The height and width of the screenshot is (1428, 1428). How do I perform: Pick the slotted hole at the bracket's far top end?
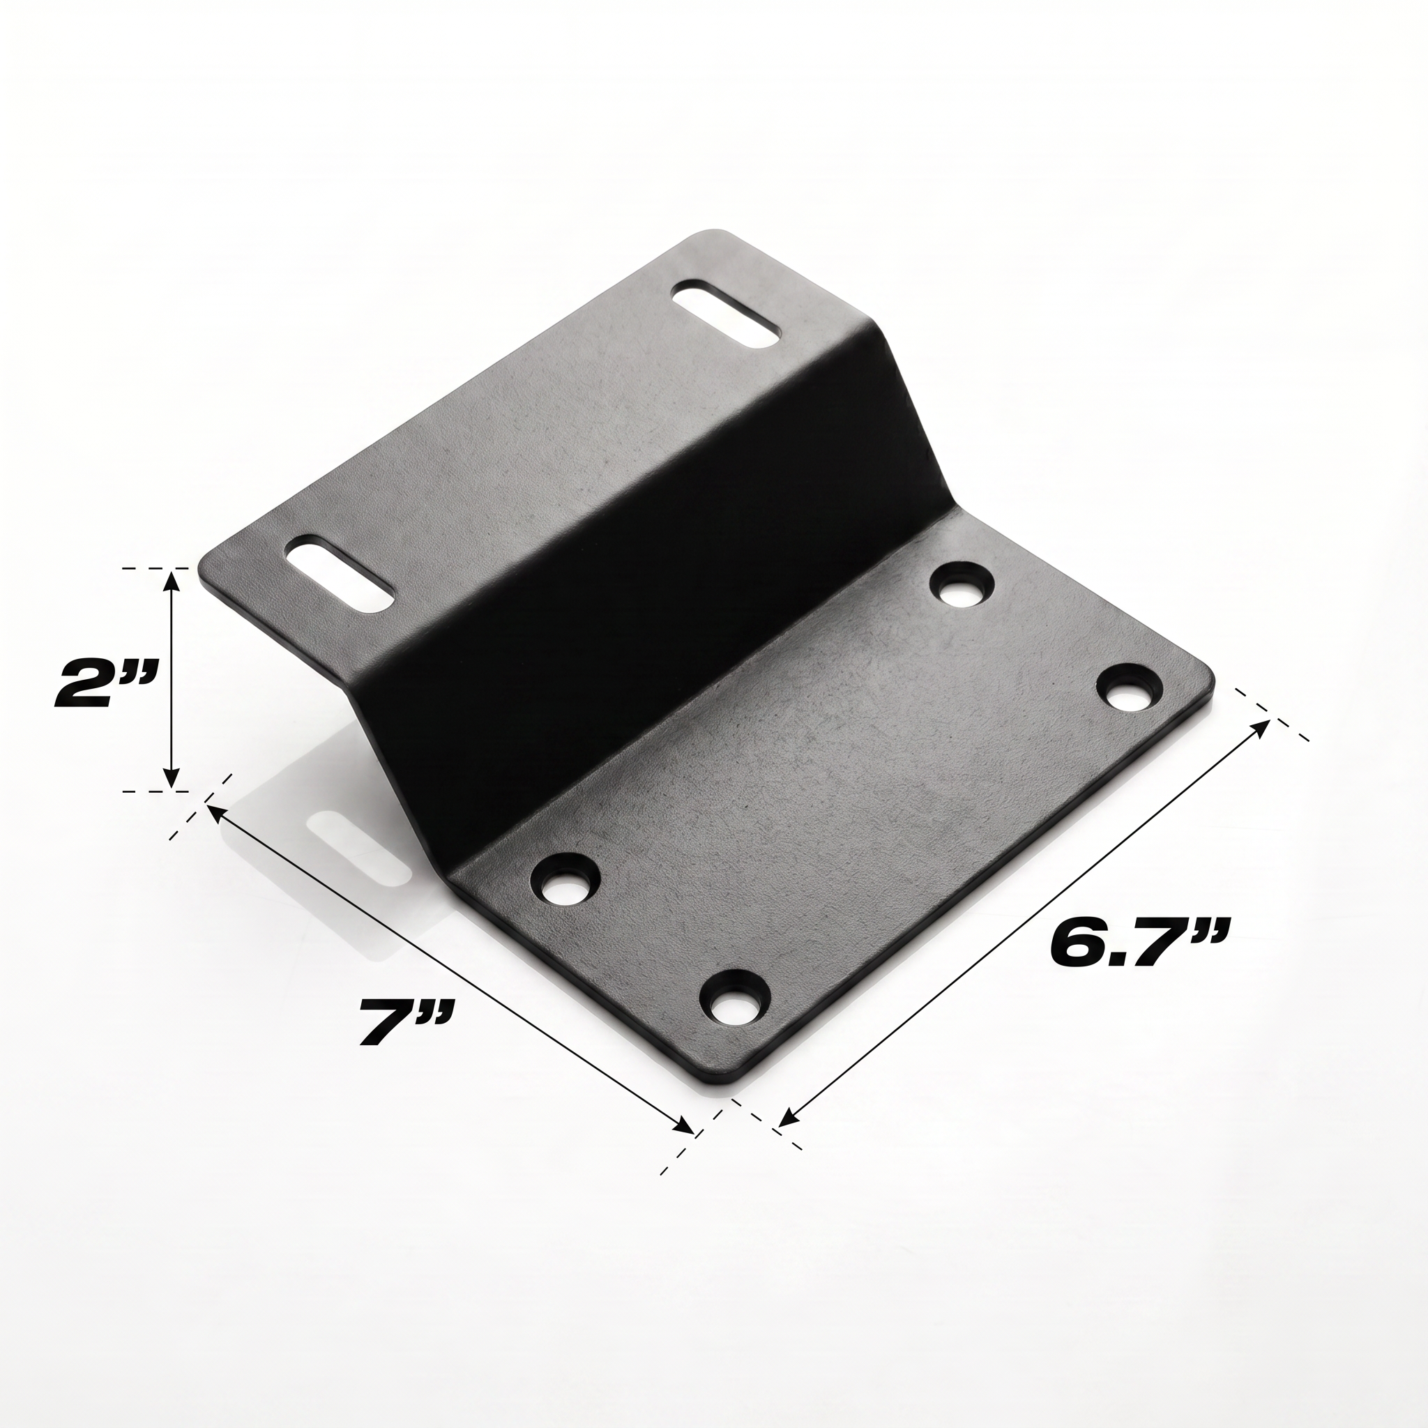[726, 312]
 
